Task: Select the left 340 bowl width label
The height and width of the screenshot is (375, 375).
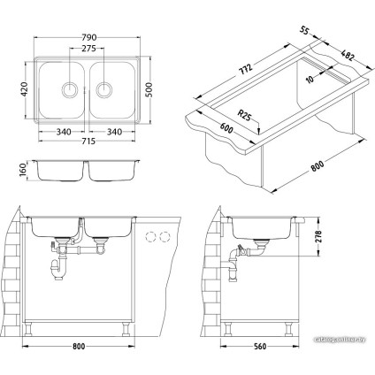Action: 62,131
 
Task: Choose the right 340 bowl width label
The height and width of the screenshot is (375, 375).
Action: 111,131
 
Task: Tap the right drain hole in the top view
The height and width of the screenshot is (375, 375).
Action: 104,88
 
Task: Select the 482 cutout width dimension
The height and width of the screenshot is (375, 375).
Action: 341,53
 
